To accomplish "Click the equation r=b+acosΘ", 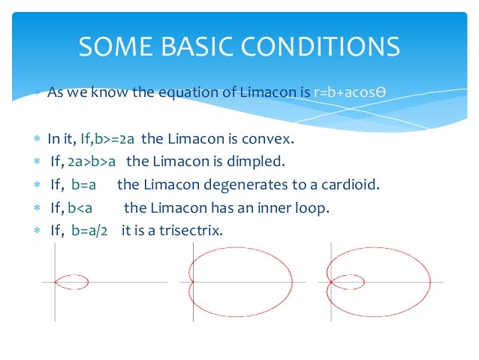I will [349, 93].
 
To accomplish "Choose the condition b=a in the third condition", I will [84, 185].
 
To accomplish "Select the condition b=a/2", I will [89, 231].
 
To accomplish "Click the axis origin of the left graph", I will [55, 283].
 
